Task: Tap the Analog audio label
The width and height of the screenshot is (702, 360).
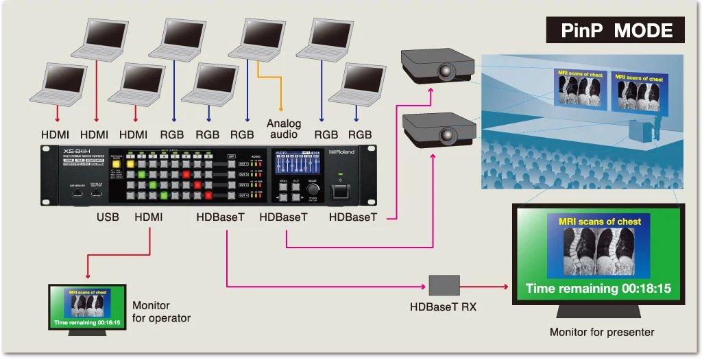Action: pyautogui.click(x=283, y=128)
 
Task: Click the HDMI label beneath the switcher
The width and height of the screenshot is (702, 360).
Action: pyautogui.click(x=150, y=217)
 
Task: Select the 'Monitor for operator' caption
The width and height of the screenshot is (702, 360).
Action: pyautogui.click(x=161, y=311)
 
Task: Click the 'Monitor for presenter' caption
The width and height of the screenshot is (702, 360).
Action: pyautogui.click(x=601, y=333)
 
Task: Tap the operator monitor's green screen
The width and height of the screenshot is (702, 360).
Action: pyautogui.click(x=87, y=307)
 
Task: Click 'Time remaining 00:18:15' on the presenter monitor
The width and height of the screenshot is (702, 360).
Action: pyautogui.click(x=598, y=288)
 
